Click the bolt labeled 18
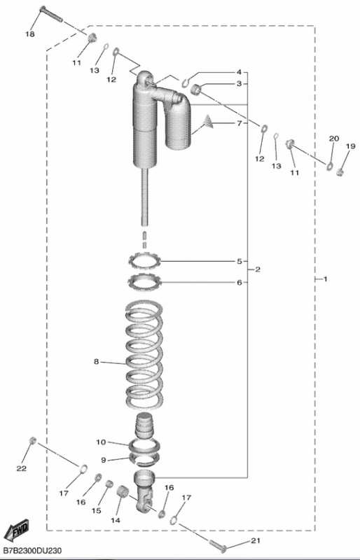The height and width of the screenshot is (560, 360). tap(50, 14)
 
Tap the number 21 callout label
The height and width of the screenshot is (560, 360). tap(255, 540)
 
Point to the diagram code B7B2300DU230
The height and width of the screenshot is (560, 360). tap(31, 552)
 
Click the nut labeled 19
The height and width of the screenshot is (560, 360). tap(340, 173)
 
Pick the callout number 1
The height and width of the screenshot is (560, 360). tap(325, 279)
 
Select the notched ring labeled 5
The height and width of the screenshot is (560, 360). tap(145, 261)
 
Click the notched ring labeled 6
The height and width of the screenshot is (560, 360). tap(145, 282)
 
